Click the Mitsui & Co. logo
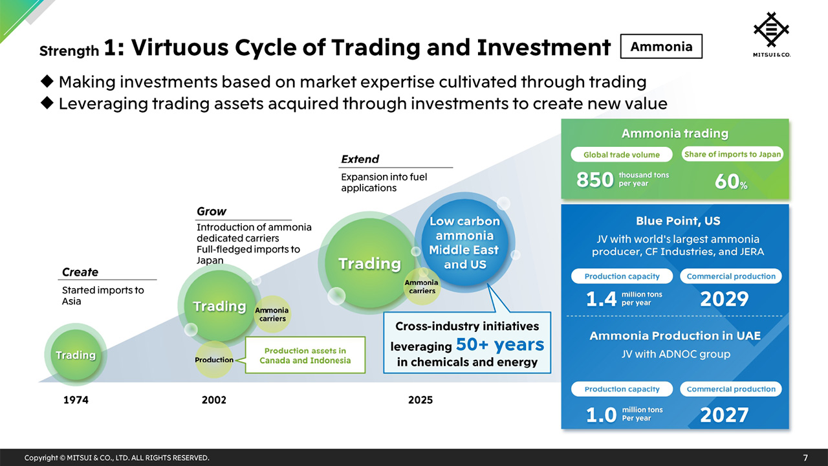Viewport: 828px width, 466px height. tap(772, 34)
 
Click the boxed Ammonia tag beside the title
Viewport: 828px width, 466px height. tap(660, 47)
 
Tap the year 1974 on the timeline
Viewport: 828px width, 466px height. tap(76, 400)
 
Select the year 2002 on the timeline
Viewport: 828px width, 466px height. tap(214, 400)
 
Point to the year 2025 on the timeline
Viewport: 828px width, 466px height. tap(420, 400)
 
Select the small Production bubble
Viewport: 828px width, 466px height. tap(214, 360)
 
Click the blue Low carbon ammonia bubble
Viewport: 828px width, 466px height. tap(464, 243)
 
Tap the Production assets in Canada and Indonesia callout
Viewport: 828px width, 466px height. tap(305, 355)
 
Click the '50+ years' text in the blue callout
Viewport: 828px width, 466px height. tap(499, 345)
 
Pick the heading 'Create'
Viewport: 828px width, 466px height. tap(80, 272)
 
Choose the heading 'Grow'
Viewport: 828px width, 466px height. tap(212, 212)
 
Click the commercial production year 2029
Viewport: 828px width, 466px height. tap(724, 299)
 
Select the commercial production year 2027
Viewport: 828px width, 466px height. tap(724, 414)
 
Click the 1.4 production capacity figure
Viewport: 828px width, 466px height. tap(600, 299)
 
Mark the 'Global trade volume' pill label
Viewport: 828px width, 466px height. tap(621, 155)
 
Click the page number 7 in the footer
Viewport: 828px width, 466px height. tap(805, 458)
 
